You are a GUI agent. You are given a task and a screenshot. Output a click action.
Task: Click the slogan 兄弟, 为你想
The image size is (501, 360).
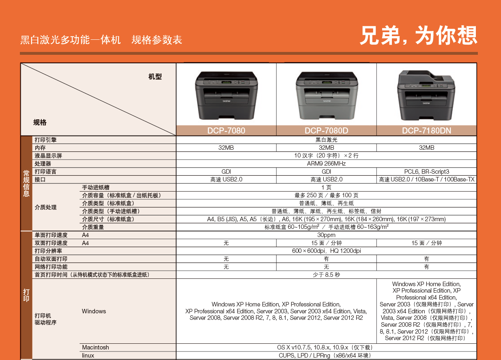419,35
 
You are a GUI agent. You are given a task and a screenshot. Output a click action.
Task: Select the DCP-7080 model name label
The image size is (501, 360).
226,131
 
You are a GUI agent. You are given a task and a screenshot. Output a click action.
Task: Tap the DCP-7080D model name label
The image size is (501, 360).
326,131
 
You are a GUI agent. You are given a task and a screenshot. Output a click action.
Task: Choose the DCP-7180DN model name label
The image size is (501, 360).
426,131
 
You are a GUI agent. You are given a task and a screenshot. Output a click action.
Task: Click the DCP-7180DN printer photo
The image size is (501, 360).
426,95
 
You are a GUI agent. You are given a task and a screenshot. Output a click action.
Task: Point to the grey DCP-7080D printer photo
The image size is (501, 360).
327,96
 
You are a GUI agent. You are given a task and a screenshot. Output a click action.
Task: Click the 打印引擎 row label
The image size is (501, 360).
45,140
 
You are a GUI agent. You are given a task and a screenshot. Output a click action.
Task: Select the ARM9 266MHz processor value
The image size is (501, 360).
326,164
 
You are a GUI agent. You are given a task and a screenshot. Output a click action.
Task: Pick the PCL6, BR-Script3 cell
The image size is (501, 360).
426,172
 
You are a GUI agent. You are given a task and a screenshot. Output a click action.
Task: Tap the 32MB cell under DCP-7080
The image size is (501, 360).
226,148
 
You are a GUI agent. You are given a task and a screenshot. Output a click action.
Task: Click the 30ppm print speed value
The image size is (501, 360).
326,235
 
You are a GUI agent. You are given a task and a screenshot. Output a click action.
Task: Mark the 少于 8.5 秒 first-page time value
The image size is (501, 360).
326,275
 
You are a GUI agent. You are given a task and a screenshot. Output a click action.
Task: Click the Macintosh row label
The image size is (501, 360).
95,347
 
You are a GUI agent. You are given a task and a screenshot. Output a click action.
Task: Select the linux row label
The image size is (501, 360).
88,355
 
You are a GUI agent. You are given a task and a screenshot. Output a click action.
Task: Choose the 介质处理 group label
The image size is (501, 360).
45,207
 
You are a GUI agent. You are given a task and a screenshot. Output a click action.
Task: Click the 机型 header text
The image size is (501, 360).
155,77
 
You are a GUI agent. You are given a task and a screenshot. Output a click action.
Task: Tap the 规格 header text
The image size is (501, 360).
40,123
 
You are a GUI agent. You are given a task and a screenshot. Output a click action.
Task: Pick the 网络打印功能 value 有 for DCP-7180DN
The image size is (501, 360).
426,267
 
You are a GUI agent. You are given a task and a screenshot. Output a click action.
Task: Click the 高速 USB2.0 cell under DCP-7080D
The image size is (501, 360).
326,179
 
